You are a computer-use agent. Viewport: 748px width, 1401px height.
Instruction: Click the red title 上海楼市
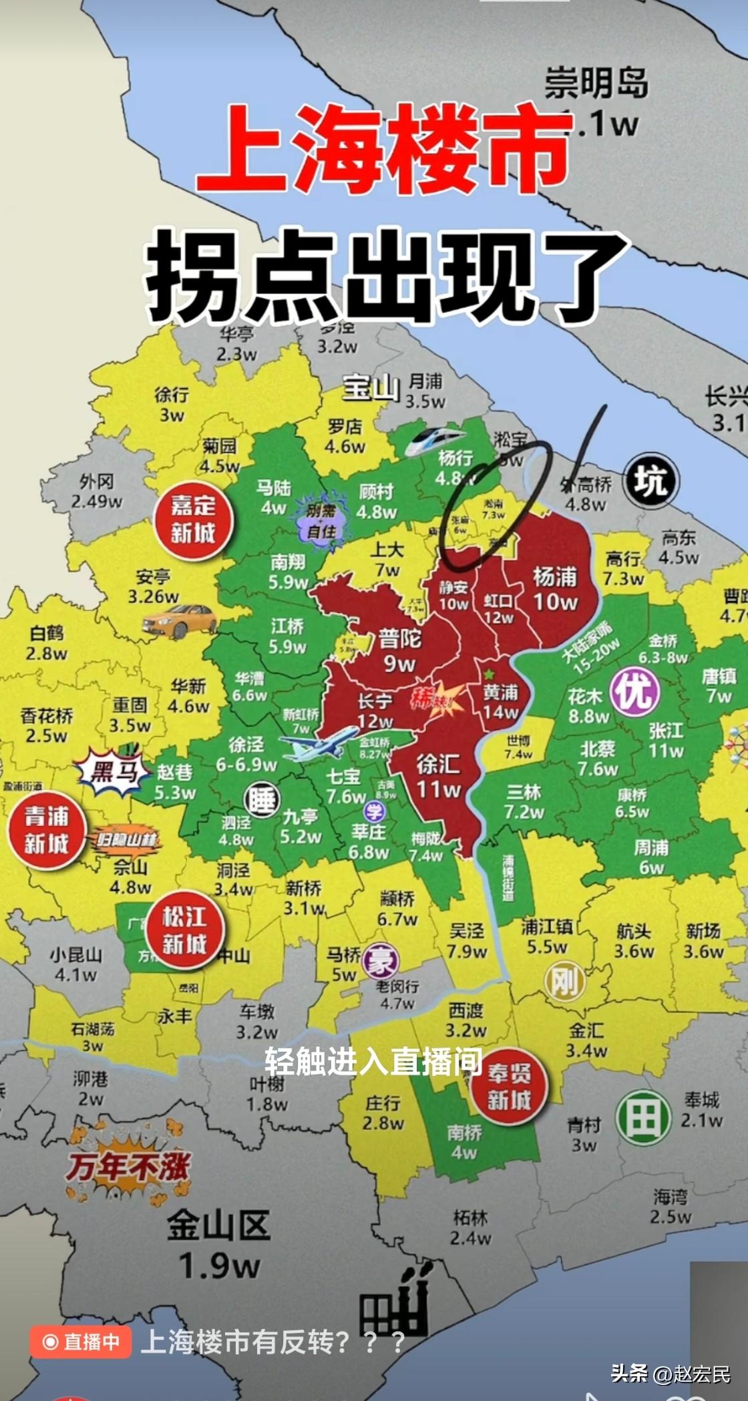pos(385,152)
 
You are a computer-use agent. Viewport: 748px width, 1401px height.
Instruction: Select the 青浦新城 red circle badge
pos(47,830)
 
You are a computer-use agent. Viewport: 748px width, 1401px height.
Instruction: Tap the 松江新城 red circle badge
pos(185,930)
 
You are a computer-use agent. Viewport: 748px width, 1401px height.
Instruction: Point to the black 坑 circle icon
pos(650,481)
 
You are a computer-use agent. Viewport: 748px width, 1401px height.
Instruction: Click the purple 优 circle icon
pos(634,691)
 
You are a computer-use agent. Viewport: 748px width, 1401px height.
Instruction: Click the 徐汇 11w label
pos(437,776)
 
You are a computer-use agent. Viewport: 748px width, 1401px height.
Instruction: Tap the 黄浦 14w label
pos(501,701)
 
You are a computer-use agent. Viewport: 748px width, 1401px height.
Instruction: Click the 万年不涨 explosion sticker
pos(128,1166)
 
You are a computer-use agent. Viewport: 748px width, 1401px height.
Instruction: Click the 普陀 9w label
pos(399,650)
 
